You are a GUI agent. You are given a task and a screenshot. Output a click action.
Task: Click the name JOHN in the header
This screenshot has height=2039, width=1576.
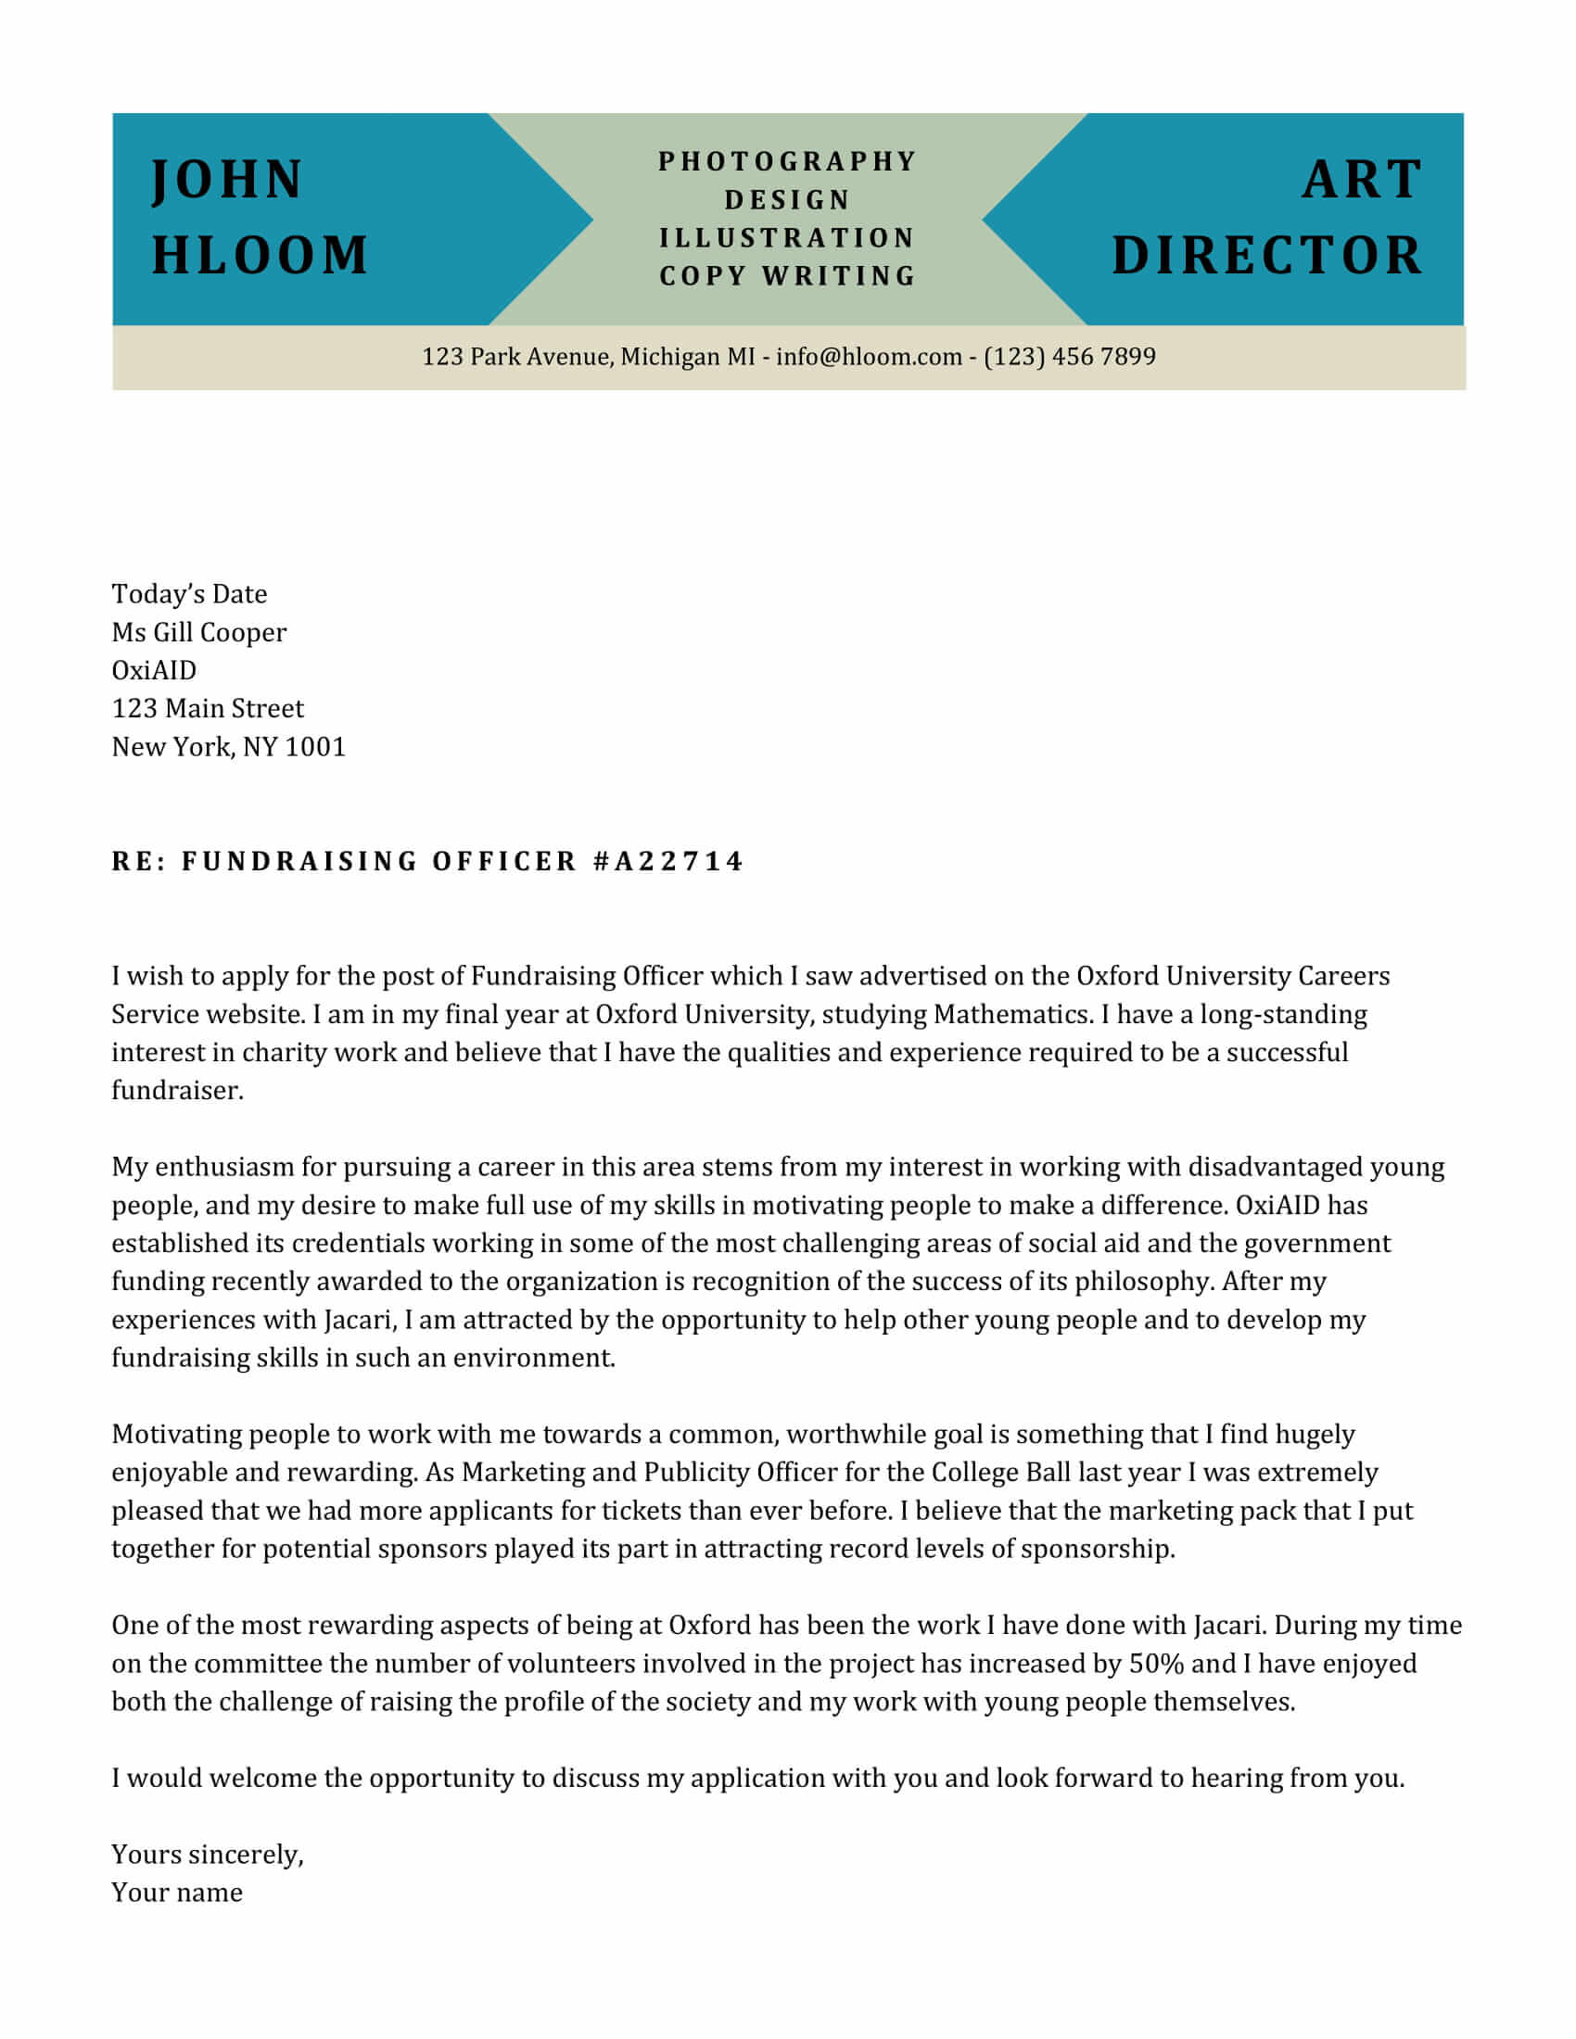[x=228, y=179]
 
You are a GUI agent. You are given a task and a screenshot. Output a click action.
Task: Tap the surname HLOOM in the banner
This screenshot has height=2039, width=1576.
[x=261, y=255]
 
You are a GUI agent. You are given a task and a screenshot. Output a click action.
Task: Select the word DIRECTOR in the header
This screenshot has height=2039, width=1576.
[x=1267, y=255]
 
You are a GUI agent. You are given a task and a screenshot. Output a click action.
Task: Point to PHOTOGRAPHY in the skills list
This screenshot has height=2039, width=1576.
[x=787, y=161]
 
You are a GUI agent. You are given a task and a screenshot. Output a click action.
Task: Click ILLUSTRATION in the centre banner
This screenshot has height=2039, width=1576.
[x=787, y=238]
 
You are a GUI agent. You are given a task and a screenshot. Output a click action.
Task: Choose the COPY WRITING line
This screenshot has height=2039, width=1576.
[x=787, y=276]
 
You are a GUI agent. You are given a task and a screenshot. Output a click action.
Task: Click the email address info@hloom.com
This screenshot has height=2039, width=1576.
[x=869, y=357]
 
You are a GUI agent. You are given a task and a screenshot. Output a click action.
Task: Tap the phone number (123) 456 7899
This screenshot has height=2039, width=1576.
[x=1069, y=357]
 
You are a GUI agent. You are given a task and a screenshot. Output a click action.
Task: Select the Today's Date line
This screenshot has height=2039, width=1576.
[x=189, y=594]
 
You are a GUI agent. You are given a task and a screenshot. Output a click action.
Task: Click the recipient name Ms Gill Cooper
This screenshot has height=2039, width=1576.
[x=199, y=632]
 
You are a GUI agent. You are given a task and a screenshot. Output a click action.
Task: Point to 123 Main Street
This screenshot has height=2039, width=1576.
[x=208, y=709]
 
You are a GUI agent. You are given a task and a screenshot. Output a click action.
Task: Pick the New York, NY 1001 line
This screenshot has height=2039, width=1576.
[x=229, y=747]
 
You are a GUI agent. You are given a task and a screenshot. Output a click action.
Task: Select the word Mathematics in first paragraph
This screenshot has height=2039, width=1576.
[x=1011, y=1014]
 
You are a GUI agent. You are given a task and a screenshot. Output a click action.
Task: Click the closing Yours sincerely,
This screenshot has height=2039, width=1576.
[x=208, y=1855]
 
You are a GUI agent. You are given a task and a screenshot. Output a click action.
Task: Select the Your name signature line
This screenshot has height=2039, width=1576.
[x=177, y=1893]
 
